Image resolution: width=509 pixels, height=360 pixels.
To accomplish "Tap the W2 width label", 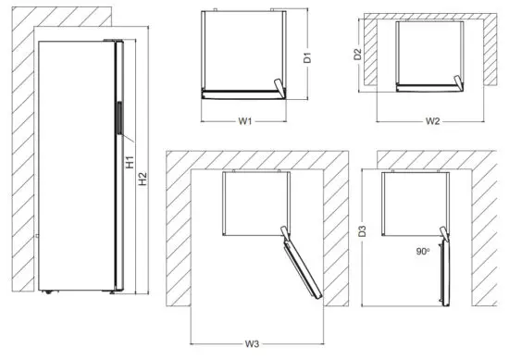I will pos(431,120).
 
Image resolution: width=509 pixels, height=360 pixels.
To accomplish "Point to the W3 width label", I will pos(252,344).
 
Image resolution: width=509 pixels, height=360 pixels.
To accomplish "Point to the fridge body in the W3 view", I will pos(256,204).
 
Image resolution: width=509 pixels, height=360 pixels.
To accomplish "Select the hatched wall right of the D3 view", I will pos(486,241).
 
